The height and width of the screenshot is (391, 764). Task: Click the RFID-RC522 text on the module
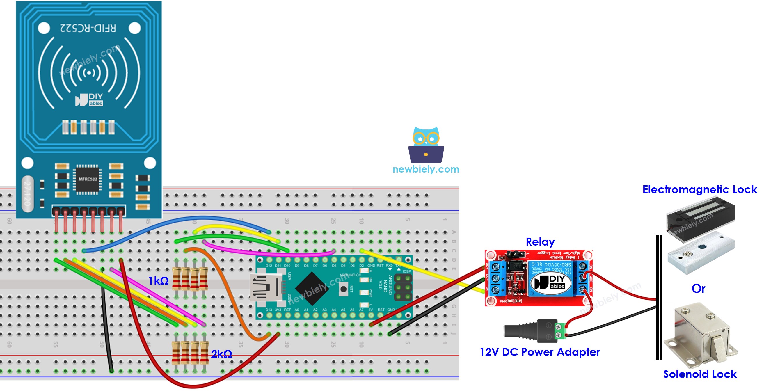[x=88, y=28]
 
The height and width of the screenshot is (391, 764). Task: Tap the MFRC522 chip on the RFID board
[x=88, y=179]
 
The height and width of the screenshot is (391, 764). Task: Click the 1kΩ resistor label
[x=158, y=281]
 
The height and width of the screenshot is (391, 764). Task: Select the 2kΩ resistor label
[x=221, y=354]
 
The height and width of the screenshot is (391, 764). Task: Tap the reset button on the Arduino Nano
[x=343, y=289]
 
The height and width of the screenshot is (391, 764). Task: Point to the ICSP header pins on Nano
[x=403, y=287]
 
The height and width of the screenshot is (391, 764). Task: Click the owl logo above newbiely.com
[x=426, y=145]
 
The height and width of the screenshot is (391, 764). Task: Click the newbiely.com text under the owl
[x=426, y=169]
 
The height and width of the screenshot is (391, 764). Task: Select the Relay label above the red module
[x=540, y=242]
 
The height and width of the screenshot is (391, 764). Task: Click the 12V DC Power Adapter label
[x=539, y=352]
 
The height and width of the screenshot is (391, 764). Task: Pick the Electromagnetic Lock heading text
[x=699, y=189]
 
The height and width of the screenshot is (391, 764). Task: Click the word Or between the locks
[x=698, y=288]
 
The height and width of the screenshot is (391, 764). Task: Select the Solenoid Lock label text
[x=700, y=374]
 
